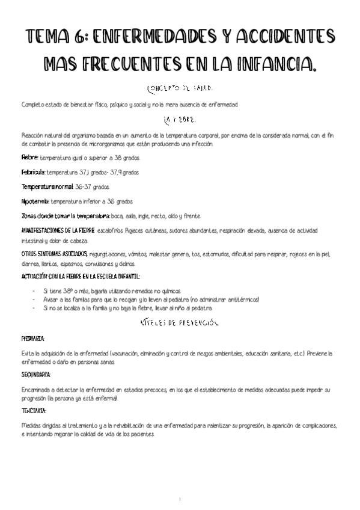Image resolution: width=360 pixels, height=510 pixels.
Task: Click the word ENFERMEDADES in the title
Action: click(x=164, y=38)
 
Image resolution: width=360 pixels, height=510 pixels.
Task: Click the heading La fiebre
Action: click(x=180, y=120)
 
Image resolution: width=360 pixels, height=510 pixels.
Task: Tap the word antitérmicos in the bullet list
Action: click(x=239, y=300)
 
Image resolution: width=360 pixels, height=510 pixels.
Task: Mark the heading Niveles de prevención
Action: click(x=179, y=324)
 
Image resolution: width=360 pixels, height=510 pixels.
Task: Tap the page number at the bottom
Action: click(x=180, y=499)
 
